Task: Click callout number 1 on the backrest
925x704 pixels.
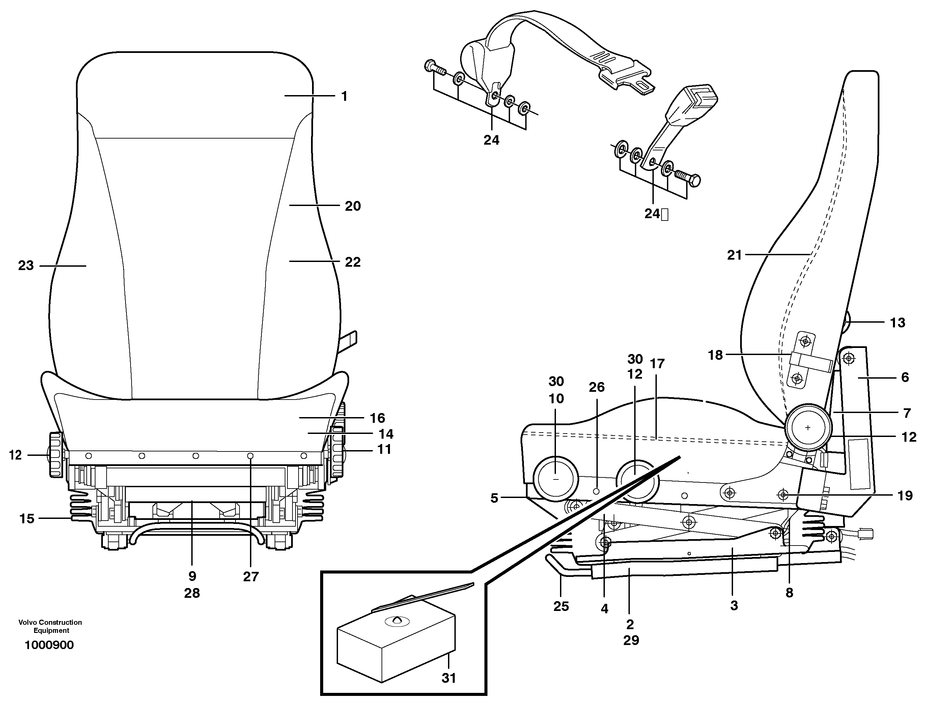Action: tap(344, 96)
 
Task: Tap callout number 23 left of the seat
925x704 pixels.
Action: tap(26, 266)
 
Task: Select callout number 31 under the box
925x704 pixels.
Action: tap(449, 678)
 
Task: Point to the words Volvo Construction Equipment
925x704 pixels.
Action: tap(50, 626)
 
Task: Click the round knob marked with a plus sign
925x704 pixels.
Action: tap(808, 428)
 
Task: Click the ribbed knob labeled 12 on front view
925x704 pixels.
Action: tap(56, 454)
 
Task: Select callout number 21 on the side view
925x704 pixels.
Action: tap(734, 255)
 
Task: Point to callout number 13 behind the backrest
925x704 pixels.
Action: tap(897, 323)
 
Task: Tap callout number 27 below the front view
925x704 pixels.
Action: tap(251, 577)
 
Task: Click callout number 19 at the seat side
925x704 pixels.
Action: tap(905, 496)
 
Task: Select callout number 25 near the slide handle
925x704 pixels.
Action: tap(561, 606)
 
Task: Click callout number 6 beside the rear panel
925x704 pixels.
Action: tap(905, 377)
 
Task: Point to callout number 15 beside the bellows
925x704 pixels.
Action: tap(27, 519)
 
